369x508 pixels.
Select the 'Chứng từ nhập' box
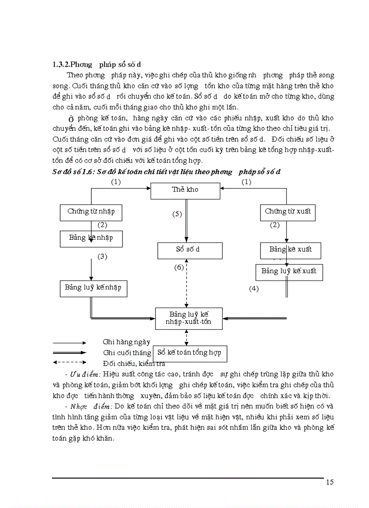(x=91, y=212)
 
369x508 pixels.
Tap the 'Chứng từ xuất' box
(x=288, y=212)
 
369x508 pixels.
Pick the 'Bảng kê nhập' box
(x=91, y=238)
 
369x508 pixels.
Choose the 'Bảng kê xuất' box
(x=290, y=250)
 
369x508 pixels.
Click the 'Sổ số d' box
(x=189, y=250)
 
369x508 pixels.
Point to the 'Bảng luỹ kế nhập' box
(x=93, y=288)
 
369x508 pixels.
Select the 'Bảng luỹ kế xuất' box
(x=289, y=272)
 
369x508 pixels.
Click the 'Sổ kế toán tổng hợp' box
(x=190, y=352)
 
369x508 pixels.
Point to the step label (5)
(x=177, y=214)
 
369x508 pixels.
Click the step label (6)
(x=179, y=267)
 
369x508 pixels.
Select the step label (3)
(x=103, y=256)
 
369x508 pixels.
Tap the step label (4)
(x=254, y=288)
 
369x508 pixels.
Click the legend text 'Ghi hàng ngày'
(x=127, y=342)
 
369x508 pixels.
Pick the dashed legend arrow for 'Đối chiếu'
(x=69, y=362)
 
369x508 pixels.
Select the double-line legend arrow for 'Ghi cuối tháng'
(x=69, y=352)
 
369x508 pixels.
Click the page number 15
(x=329, y=482)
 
